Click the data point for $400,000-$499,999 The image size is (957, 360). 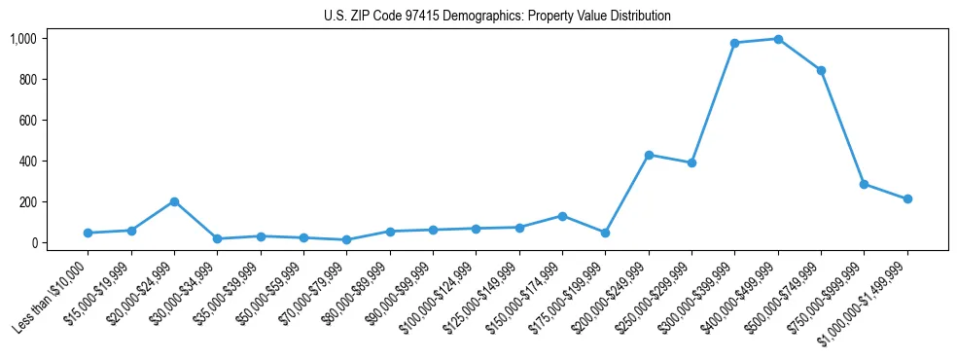[x=778, y=39]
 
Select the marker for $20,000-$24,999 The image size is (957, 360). [x=174, y=201]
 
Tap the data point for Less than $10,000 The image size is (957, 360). [x=89, y=233]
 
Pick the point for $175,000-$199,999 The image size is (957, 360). [x=605, y=233]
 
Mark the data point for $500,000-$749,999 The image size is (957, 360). [x=821, y=70]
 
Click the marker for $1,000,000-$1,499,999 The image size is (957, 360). [x=907, y=198]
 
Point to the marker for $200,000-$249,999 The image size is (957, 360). [x=649, y=155]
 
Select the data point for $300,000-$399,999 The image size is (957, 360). [x=735, y=43]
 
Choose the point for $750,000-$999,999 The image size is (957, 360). [x=864, y=184]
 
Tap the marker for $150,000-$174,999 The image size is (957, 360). [x=562, y=216]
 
